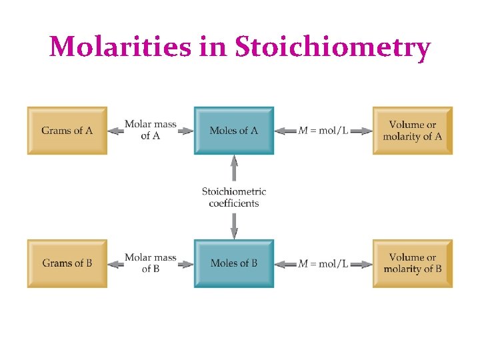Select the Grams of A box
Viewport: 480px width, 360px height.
coord(67,131)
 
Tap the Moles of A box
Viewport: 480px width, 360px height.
coord(233,131)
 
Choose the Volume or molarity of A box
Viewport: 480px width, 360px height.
coord(412,131)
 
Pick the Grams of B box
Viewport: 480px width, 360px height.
coord(67,263)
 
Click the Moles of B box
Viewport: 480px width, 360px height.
coord(233,263)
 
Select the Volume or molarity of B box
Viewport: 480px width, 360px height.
coord(412,263)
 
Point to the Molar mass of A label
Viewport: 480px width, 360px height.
coord(150,130)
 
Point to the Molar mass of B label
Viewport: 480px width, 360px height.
coord(150,263)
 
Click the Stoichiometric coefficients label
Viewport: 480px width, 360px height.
coord(234,197)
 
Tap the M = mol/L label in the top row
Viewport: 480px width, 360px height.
coord(323,131)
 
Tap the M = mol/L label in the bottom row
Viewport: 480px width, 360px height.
coord(323,263)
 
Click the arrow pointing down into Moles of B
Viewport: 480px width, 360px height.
coord(234,227)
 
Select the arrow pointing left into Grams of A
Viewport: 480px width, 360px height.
coord(115,131)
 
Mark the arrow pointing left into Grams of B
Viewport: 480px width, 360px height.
coord(115,264)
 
